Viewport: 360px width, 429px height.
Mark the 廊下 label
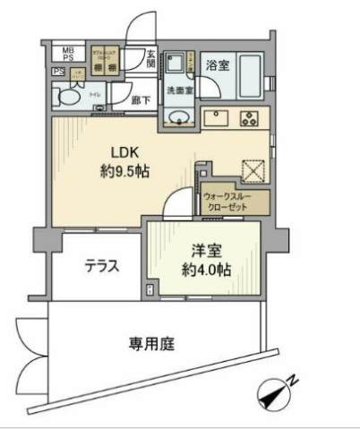(x=140, y=99)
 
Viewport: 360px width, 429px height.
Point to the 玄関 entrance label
(x=150, y=60)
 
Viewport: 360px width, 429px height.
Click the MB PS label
(x=67, y=54)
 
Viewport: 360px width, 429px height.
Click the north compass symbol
(x=273, y=390)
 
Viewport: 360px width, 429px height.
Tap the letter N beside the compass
(x=295, y=381)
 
